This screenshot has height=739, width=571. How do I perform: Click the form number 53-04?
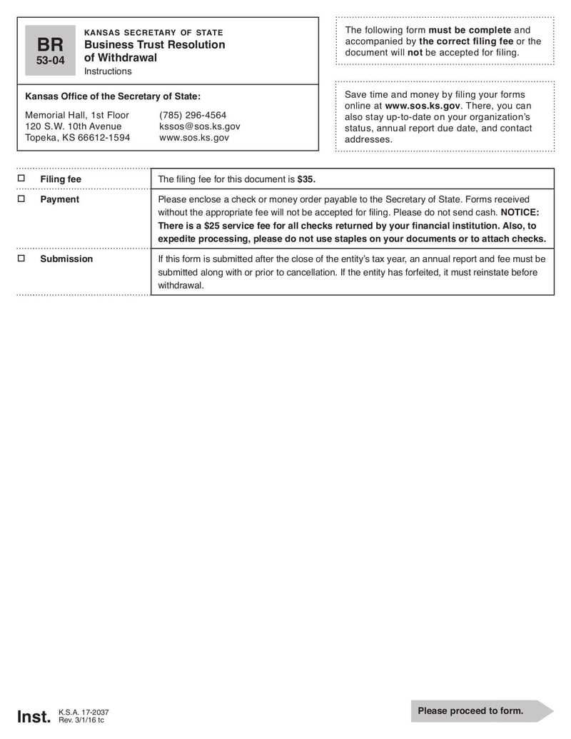click(50, 61)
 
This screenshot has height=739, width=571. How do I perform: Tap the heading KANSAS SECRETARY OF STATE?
click(153, 32)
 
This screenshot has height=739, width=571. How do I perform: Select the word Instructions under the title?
click(108, 71)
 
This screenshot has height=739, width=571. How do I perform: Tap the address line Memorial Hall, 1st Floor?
click(77, 115)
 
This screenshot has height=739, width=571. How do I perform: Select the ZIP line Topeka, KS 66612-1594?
click(77, 138)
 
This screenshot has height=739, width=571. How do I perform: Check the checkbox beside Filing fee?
click(21, 179)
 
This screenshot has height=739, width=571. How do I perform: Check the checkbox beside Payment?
click(21, 199)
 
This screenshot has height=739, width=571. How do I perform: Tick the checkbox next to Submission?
click(21, 258)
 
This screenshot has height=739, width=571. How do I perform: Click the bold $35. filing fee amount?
click(306, 179)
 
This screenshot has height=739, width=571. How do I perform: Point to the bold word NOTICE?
click(520, 213)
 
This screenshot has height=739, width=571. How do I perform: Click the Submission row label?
click(66, 258)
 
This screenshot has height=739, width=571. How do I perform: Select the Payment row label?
click(59, 199)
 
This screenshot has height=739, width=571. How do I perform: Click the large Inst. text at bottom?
click(34, 716)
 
